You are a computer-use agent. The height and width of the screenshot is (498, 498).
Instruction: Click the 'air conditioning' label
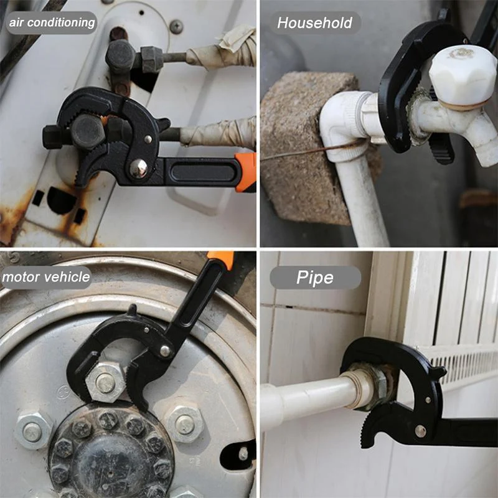(x=52, y=22)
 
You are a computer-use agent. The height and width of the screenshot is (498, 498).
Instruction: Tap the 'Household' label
(x=315, y=22)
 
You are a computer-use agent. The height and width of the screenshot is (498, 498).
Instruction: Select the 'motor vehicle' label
(x=46, y=277)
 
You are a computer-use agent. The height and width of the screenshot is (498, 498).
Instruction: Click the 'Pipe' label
(x=315, y=278)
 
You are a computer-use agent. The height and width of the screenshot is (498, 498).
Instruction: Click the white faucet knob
(x=463, y=76)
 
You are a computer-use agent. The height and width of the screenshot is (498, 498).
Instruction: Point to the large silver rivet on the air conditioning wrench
(x=138, y=168)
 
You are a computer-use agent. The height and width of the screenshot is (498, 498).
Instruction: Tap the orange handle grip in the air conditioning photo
(x=245, y=172)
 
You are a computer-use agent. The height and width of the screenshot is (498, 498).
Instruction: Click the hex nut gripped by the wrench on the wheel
(x=105, y=383)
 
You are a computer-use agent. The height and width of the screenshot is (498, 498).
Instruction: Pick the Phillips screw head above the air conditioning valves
(x=176, y=26)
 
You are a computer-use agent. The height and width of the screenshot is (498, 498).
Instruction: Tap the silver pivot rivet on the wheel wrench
(x=165, y=350)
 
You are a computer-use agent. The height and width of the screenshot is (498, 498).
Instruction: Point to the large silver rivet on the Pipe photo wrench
(x=420, y=431)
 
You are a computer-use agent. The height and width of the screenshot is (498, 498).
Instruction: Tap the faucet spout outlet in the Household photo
(x=487, y=156)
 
